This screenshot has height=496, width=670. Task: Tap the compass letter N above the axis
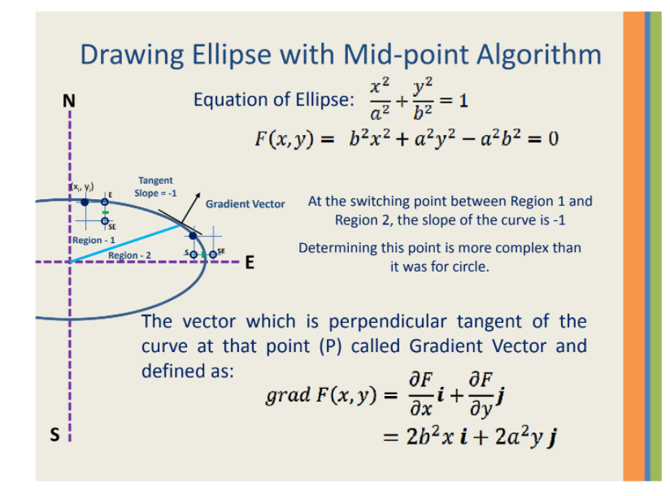pos(69,101)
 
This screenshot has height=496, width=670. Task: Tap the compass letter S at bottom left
pos(54,436)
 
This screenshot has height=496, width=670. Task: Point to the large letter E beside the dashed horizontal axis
pos(250,263)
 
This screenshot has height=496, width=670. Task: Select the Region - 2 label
pos(129,255)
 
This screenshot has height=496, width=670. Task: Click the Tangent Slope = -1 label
pos(154,187)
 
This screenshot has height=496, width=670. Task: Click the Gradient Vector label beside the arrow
pos(245,204)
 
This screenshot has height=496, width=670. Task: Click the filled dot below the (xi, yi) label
pos(85,202)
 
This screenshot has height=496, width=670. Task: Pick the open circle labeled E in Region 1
pos(105,202)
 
